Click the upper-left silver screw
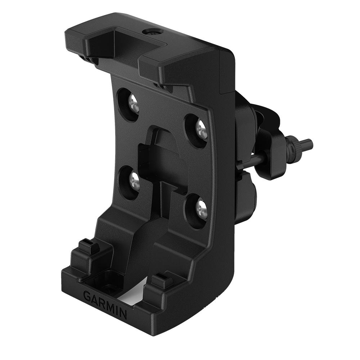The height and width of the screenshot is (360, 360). tap(133, 103)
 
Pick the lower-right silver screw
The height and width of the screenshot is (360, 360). tap(200, 209)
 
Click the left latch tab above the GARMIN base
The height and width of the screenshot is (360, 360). tap(87, 247)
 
